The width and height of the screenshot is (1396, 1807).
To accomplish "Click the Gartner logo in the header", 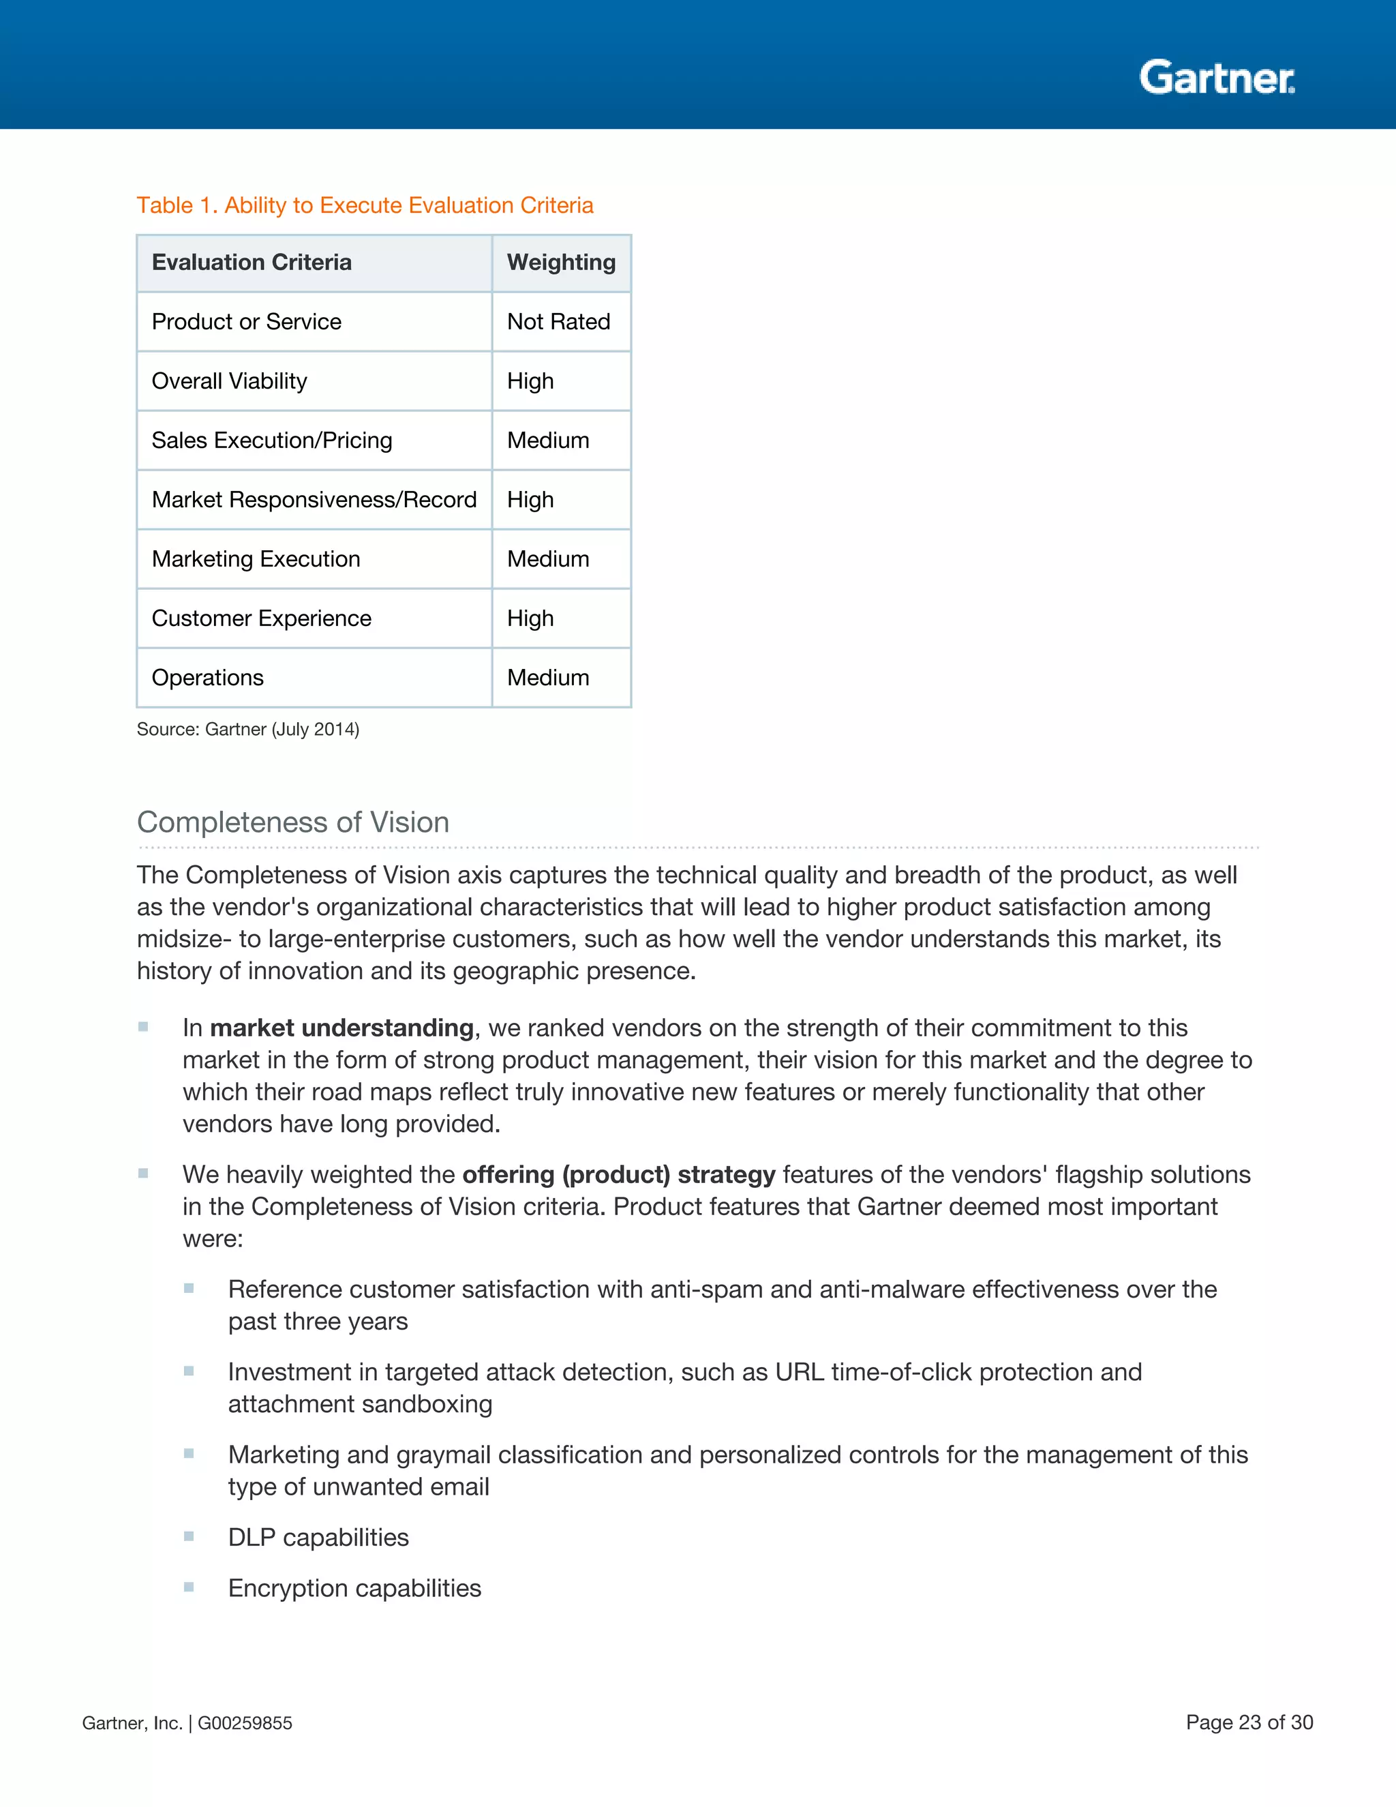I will (1217, 78).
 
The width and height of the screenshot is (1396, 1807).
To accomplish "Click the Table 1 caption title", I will (365, 205).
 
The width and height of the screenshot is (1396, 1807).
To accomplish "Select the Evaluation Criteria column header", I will (252, 263).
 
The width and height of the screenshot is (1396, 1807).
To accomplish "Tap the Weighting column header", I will (561, 263).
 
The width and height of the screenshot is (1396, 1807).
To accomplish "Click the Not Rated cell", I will (558, 322).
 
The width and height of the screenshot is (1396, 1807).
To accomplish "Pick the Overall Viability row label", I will (229, 381).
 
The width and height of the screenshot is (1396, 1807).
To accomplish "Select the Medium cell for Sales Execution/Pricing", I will (547, 440).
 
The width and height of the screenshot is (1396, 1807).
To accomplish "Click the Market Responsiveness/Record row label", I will (314, 500).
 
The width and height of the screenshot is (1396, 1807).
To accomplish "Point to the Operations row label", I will (208, 678).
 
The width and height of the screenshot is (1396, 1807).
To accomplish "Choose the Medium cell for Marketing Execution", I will (547, 559).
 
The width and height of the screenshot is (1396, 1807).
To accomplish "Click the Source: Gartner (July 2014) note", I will (247, 729).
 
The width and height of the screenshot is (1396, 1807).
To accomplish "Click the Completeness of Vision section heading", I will (292, 822).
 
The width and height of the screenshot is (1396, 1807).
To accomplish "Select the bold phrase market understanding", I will (341, 1028).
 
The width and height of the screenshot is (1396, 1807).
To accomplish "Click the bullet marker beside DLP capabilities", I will (189, 1536).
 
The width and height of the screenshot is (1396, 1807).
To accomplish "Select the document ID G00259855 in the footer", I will (245, 1722).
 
